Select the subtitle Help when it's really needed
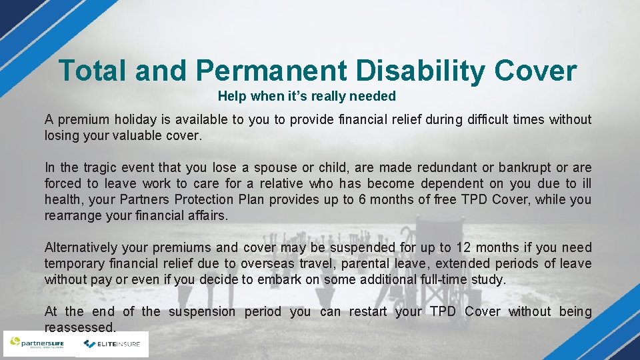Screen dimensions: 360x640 click(x=307, y=96)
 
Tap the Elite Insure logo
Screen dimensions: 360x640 click(x=111, y=344)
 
